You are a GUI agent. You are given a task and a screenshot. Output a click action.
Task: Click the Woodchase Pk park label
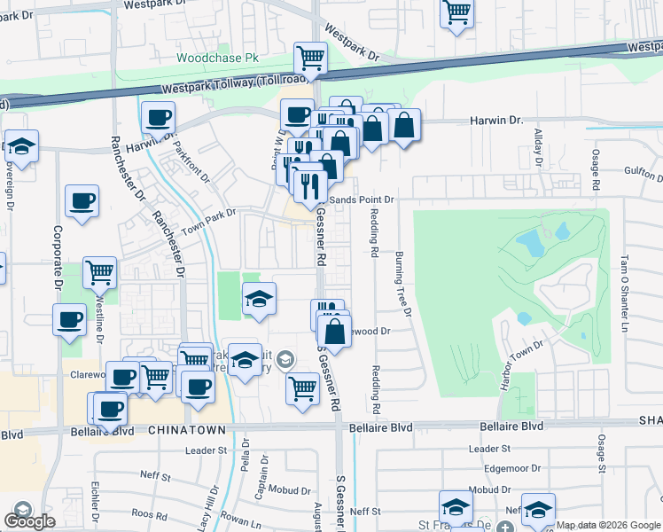pos(216,58)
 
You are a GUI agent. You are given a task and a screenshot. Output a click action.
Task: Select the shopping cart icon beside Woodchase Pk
pos(310,59)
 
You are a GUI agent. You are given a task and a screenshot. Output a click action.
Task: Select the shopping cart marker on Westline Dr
pos(99,272)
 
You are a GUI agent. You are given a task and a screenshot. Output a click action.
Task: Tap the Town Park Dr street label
pos(209,222)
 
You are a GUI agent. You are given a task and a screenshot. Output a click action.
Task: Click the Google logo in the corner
pos(29,521)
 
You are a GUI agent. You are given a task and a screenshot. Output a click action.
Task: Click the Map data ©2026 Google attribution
pos(608,525)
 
